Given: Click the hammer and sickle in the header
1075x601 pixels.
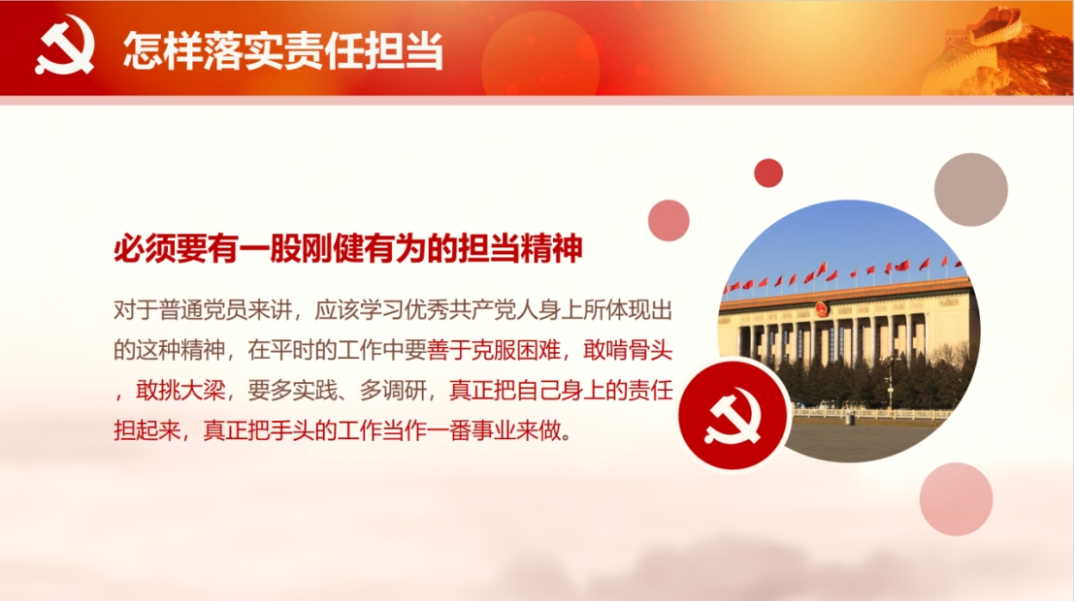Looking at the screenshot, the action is (64, 46).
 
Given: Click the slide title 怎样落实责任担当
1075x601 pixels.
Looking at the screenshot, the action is (283, 50).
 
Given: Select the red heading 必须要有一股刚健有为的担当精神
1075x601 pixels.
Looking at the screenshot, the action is (347, 248).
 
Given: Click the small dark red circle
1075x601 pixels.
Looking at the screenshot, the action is (767, 173).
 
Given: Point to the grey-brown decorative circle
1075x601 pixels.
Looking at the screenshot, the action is (971, 190).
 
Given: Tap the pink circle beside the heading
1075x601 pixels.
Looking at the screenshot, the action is (668, 220).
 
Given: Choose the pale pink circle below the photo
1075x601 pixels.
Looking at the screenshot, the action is (956, 499).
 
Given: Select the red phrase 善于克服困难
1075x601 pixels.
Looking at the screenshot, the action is (494, 350).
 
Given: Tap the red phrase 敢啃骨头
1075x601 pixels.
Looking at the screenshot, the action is (628, 350).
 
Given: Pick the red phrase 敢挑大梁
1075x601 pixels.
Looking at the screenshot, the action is (181, 391).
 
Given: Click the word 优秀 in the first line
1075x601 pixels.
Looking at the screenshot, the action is (427, 310).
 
